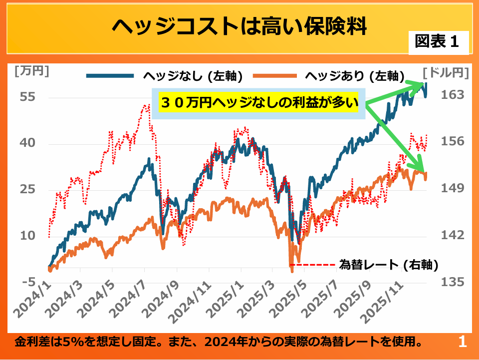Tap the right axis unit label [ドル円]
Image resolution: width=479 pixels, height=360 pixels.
coord(446,73)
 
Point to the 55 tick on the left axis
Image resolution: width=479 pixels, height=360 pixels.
coord(28,97)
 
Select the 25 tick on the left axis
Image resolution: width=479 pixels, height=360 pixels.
coord(28,189)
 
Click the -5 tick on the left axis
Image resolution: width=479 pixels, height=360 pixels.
coord(28,282)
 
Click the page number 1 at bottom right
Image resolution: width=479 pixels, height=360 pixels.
coord(462,343)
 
